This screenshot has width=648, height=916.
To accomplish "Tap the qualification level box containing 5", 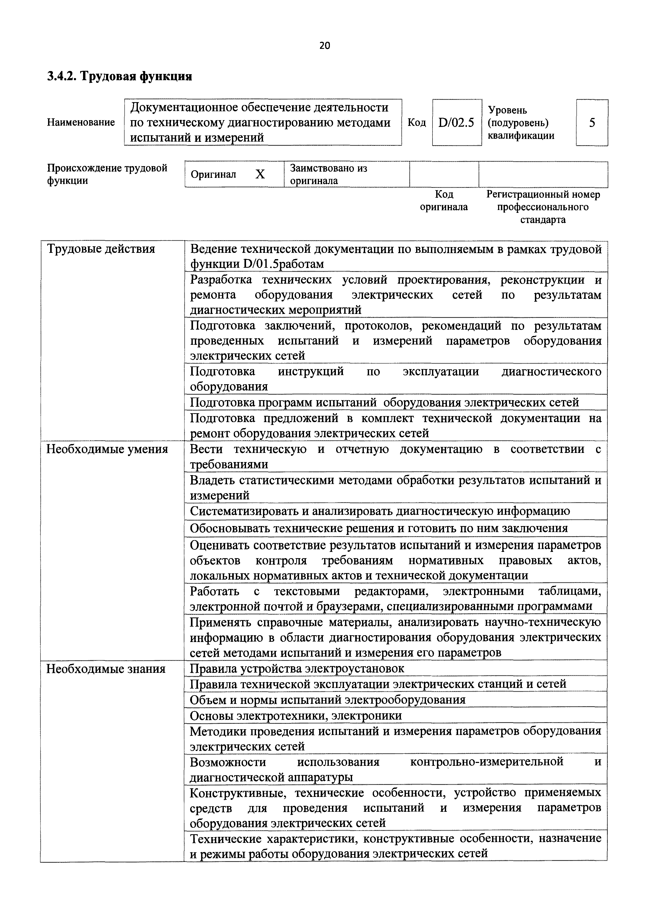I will [592, 122].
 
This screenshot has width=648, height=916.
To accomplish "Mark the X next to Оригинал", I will [260, 174].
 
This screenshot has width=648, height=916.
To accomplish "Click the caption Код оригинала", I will [444, 201].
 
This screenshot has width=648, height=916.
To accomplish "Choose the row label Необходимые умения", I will [107, 450].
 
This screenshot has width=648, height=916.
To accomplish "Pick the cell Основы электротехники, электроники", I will [296, 716].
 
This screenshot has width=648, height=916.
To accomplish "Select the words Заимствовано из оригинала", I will [328, 174].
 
